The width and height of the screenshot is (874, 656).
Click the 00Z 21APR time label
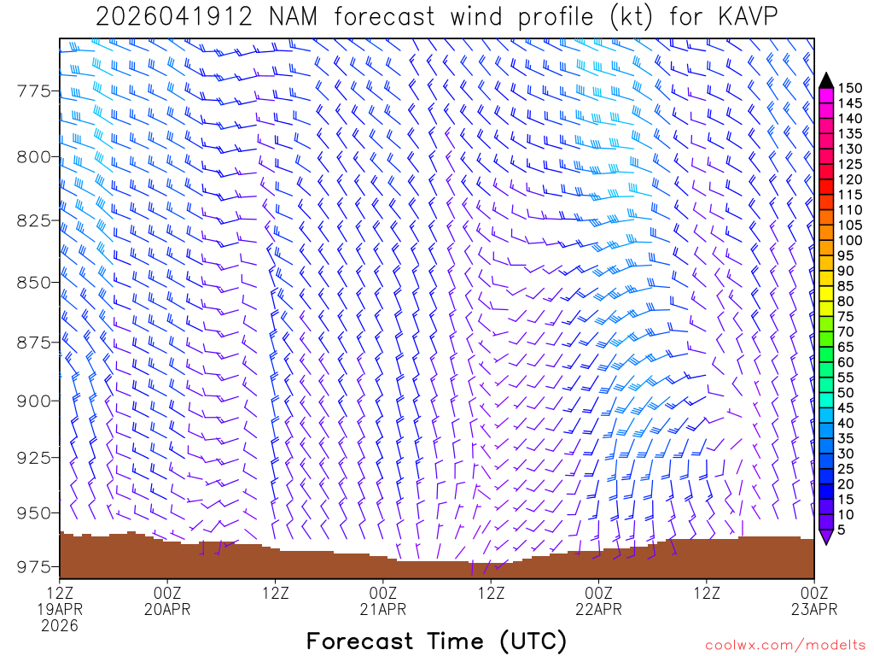pyautogui.click(x=383, y=600)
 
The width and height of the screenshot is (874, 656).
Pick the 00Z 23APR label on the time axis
pyautogui.click(x=814, y=600)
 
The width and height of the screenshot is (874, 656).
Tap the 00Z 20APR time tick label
pyautogui.click(x=167, y=600)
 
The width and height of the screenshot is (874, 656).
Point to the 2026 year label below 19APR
pyautogui.click(x=60, y=626)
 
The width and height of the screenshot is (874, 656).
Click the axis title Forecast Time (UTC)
pyautogui.click(x=436, y=641)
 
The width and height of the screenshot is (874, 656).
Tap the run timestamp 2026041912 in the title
pyautogui.click(x=174, y=17)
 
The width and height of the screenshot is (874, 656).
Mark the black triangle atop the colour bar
pyautogui.click(x=825, y=80)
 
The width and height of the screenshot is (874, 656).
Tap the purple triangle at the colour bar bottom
pyautogui.click(x=825, y=536)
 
